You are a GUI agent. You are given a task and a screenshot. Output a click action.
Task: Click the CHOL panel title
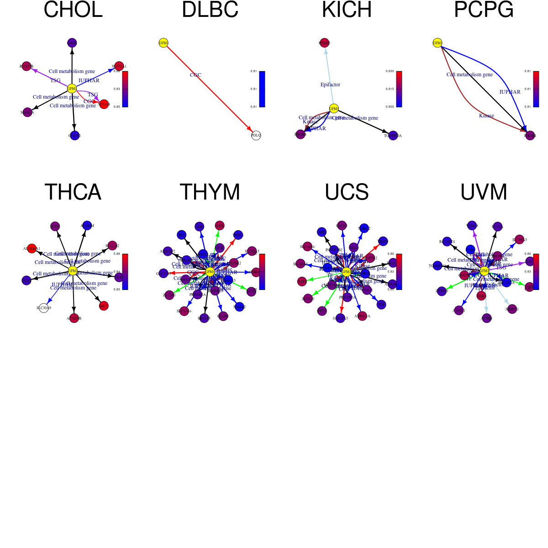(73, 10)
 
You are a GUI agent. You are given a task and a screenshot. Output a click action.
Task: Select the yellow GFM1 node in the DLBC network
(163, 43)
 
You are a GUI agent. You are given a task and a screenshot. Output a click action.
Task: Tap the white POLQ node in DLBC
(256, 135)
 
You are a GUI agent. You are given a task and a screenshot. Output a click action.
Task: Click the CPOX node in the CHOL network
(72, 43)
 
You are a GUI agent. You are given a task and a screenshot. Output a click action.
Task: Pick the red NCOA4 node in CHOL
(104, 104)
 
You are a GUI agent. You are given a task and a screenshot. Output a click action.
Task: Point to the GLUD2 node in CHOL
(74, 136)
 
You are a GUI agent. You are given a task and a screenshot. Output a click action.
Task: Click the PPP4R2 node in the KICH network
(324, 43)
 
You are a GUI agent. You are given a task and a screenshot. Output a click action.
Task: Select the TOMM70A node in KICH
(393, 136)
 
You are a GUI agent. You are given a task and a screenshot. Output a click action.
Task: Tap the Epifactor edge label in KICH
(330, 84)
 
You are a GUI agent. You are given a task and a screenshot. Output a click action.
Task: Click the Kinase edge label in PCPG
(486, 116)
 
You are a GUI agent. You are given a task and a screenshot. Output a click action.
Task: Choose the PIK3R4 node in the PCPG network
(530, 136)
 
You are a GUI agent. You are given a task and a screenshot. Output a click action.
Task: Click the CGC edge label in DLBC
(195, 75)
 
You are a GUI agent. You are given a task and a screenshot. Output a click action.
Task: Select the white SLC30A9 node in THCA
(44, 308)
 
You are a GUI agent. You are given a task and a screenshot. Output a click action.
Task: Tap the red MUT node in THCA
(104, 306)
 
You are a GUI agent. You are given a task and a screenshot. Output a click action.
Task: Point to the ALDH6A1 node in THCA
(32, 248)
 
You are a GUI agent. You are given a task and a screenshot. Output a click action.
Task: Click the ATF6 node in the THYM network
(220, 225)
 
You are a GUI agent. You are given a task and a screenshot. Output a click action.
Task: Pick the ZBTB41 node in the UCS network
(308, 299)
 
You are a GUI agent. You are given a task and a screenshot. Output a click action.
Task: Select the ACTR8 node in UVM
(487, 318)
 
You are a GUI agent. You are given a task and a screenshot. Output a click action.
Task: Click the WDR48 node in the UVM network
(472, 226)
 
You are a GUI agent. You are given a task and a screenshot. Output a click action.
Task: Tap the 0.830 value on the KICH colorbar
(390, 71)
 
